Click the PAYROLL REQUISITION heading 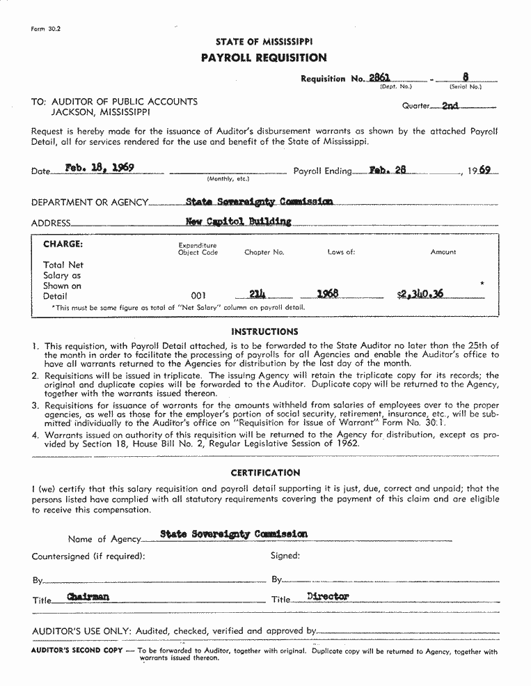[264, 58]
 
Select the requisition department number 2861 [379, 78]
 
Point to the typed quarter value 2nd [450, 107]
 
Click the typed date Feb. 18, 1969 [100, 168]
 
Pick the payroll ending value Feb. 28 [388, 169]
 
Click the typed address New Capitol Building [239, 221]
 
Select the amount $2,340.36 [420, 294]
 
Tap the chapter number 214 [258, 294]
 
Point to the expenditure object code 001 [198, 296]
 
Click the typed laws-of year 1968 [327, 294]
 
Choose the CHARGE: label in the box [63, 244]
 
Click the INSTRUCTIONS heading [264, 332]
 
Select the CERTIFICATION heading [265, 473]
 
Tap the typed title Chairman [88, 597]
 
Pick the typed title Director [328, 596]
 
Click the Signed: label [285, 556]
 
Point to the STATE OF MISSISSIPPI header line [264, 42]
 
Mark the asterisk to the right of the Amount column [482, 284]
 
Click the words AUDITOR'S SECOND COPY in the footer [77, 651]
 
